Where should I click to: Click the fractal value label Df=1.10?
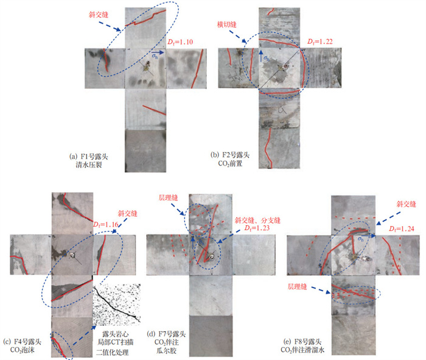[180, 42]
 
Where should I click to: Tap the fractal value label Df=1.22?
[319, 41]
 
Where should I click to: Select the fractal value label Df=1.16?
[106, 224]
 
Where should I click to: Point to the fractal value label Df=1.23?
[257, 228]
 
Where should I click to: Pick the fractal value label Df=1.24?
[401, 229]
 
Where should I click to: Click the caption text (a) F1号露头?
[89, 157]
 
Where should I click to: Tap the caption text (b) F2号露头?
[230, 155]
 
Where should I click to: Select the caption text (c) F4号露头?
[23, 342]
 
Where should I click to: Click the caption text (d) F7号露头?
[166, 334]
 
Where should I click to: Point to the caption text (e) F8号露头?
[302, 342]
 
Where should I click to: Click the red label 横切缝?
[227, 24]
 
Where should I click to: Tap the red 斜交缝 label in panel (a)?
[99, 15]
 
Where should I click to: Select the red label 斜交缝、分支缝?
[257, 221]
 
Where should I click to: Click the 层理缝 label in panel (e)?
[298, 286]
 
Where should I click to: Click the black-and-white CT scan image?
[117, 305]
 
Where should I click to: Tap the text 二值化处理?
[112, 353]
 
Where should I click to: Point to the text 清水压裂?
[89, 165]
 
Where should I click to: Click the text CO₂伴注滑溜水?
[302, 350]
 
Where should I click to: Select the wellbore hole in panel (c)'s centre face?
[72, 255]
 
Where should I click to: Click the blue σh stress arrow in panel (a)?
[158, 52]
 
